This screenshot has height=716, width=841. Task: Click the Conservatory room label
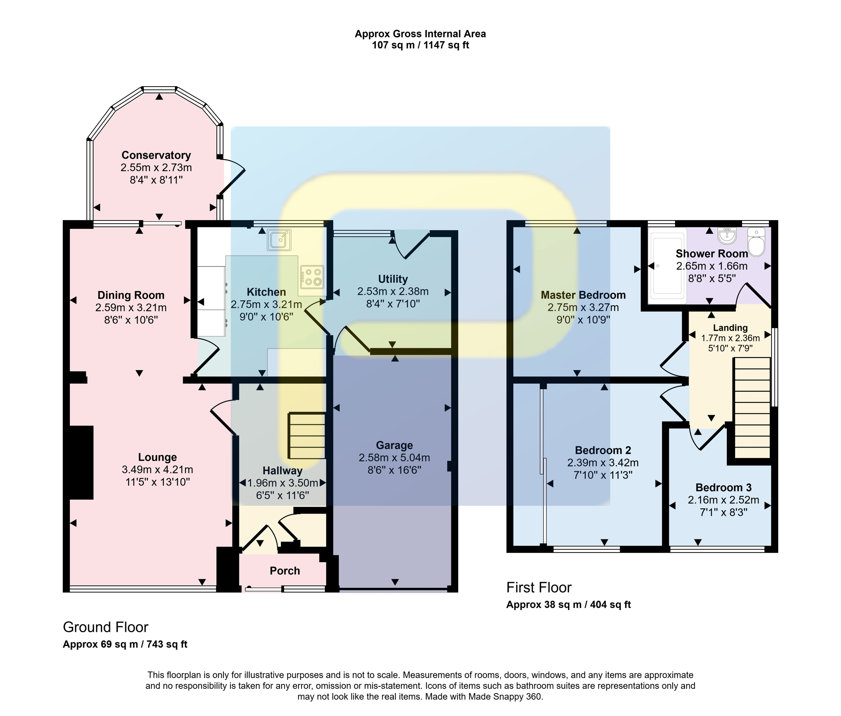point(156,155)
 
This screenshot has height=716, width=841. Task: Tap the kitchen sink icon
point(279,240)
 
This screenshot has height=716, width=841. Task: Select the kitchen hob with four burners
point(312,276)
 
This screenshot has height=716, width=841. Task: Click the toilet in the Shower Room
point(756,242)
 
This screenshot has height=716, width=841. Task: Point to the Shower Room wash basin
point(727,236)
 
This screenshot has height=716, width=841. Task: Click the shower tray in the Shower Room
point(667,266)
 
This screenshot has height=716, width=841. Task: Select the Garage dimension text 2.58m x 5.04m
point(394,457)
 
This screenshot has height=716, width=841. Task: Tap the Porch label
point(285,571)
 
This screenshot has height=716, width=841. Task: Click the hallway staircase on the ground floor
point(307,435)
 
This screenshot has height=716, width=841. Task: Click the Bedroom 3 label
point(723,487)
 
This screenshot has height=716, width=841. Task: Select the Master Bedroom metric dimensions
point(583,307)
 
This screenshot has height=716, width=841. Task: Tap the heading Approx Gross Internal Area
point(420,34)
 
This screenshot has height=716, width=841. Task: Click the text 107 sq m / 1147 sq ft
point(420,45)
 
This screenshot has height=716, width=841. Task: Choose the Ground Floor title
point(106,627)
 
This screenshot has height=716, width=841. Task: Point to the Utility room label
point(393,279)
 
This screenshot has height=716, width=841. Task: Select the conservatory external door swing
point(232,177)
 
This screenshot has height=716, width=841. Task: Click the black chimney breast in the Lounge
point(81,462)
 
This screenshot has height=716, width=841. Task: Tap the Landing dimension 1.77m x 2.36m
point(730,338)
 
